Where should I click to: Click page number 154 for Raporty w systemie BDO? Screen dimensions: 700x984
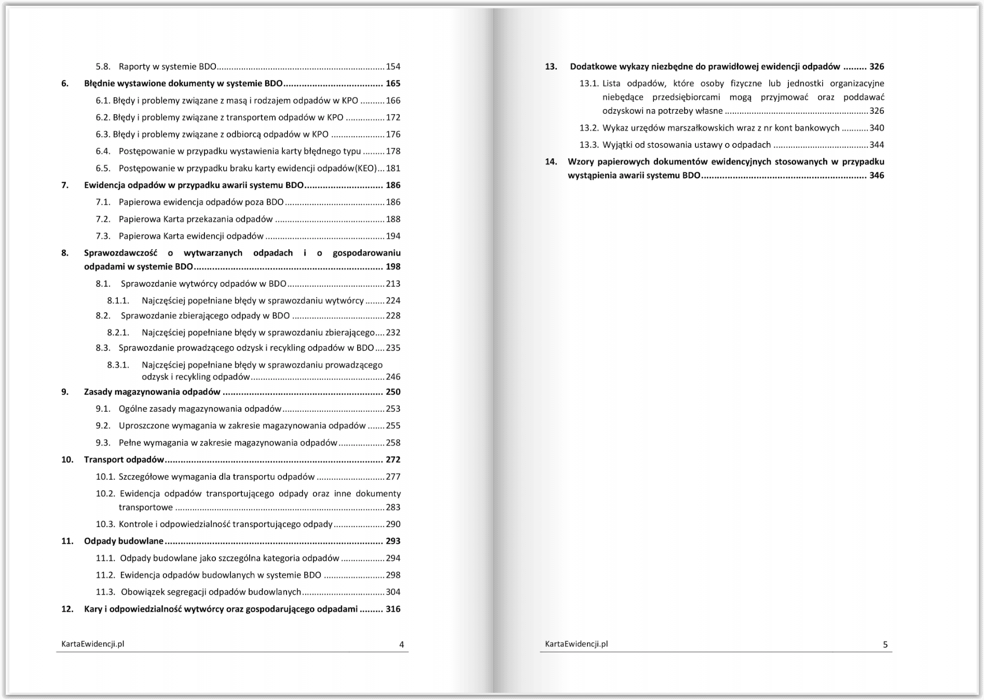pyautogui.click(x=393, y=66)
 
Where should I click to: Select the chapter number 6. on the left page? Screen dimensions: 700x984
pyautogui.click(x=65, y=84)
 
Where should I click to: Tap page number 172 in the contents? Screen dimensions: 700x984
pyautogui.click(x=393, y=117)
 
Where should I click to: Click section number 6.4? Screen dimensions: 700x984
pyautogui.click(x=103, y=151)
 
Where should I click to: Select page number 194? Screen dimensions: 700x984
pyautogui.click(x=393, y=236)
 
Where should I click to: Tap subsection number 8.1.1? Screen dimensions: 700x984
pyautogui.click(x=118, y=301)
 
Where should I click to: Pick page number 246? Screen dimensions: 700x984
pyautogui.click(x=393, y=377)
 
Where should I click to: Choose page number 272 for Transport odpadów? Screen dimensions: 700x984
pyautogui.click(x=393, y=460)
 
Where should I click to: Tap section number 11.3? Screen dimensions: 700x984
pyautogui.click(x=105, y=592)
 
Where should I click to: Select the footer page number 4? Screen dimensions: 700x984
pyautogui.click(x=402, y=645)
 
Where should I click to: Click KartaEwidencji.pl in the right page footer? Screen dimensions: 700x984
pyautogui.click(x=576, y=644)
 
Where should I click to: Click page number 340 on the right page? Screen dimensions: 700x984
pyautogui.click(x=877, y=128)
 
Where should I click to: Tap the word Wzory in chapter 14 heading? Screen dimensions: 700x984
pyautogui.click(x=580, y=161)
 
